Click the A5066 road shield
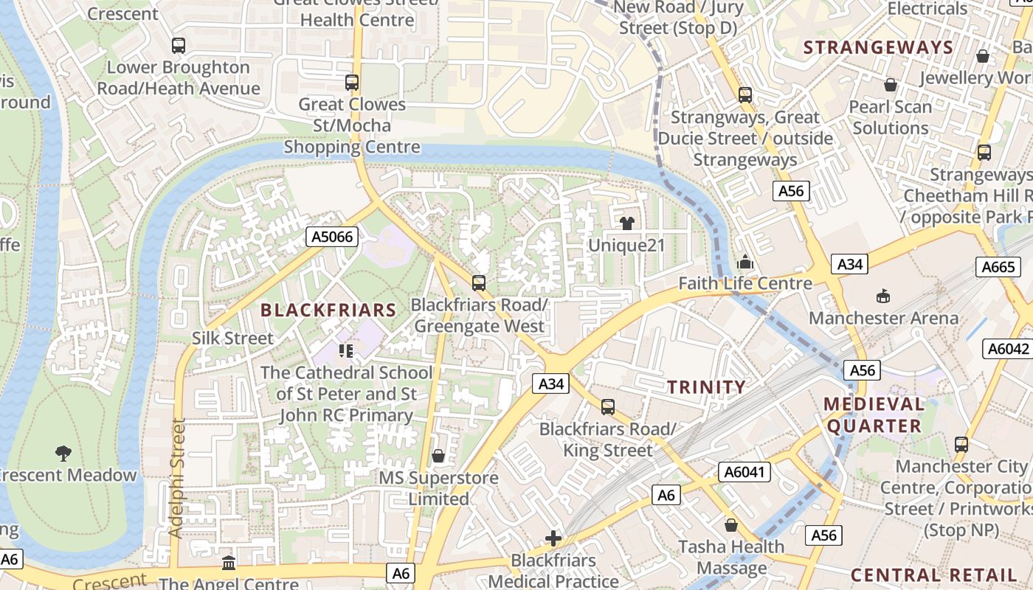tap(332, 237)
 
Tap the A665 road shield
tap(999, 267)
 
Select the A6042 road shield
tap(1009, 349)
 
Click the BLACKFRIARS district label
tap(328, 310)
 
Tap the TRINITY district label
tap(707, 387)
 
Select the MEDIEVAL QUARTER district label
tap(874, 414)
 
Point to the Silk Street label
tap(232, 339)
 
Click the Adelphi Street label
tap(176, 478)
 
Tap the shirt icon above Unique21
tap(627, 223)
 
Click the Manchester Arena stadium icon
tap(882, 296)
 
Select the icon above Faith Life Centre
tap(745, 263)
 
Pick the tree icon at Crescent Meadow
tap(63, 453)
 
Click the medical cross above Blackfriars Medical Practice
tap(553, 538)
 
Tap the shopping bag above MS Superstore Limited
tap(438, 456)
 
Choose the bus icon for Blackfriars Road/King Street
tap(607, 406)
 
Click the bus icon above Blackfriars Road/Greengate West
tap(479, 282)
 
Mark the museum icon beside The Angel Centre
tap(229, 563)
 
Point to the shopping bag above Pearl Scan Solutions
tap(891, 86)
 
